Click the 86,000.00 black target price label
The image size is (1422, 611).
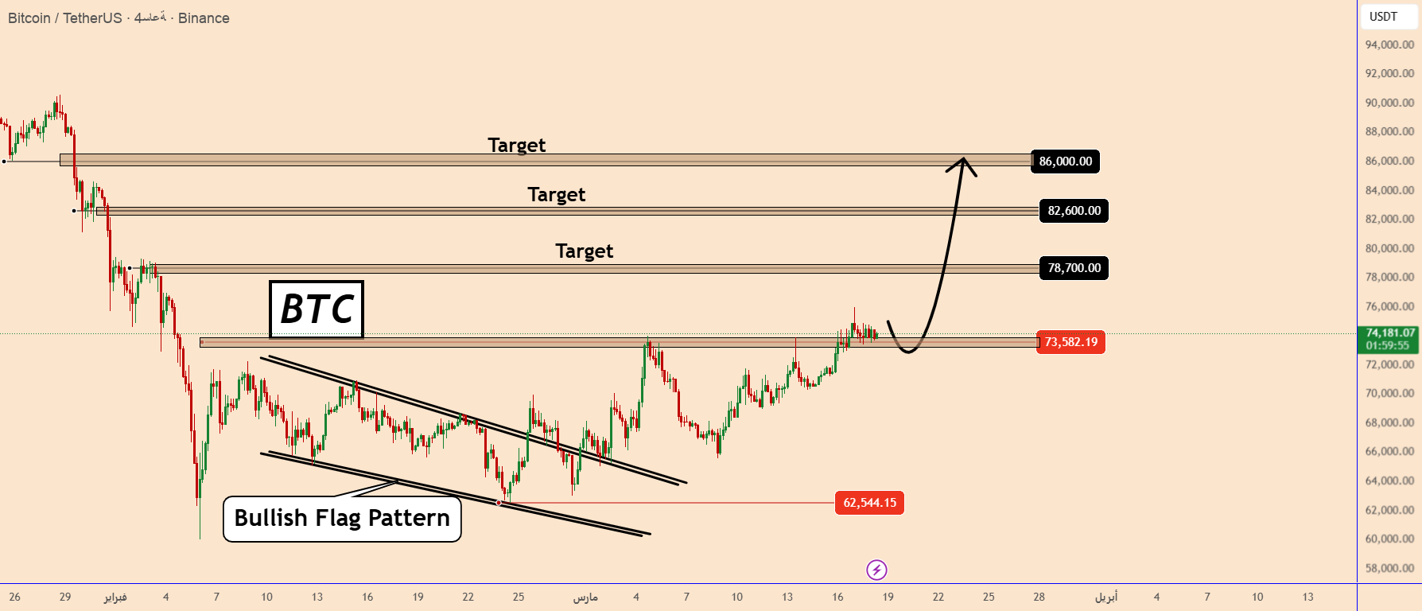click(x=1065, y=162)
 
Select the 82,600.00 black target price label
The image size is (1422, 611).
click(x=1074, y=211)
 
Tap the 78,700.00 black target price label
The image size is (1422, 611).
click(x=1074, y=268)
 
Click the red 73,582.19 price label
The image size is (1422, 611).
click(x=1070, y=342)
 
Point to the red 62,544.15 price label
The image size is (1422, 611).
click(x=869, y=503)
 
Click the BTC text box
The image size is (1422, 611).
click(x=317, y=309)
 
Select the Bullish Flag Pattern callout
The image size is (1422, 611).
click(x=342, y=519)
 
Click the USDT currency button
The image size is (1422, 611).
click(x=1383, y=17)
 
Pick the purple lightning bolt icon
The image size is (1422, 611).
click(x=876, y=570)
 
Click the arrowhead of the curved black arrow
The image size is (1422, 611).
click(x=963, y=162)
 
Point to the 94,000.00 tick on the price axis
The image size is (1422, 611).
click(x=1389, y=45)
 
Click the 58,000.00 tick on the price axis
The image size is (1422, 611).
click(x=1389, y=568)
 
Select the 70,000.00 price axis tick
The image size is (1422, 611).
click(x=1389, y=393)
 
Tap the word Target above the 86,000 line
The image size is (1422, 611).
click(x=517, y=146)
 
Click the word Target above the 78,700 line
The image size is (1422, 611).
click(x=585, y=251)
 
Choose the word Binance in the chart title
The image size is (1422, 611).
click(x=204, y=18)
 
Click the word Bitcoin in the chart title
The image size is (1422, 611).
click(x=29, y=18)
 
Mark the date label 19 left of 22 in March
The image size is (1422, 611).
click(x=888, y=597)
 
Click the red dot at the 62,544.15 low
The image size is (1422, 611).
click(x=499, y=503)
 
